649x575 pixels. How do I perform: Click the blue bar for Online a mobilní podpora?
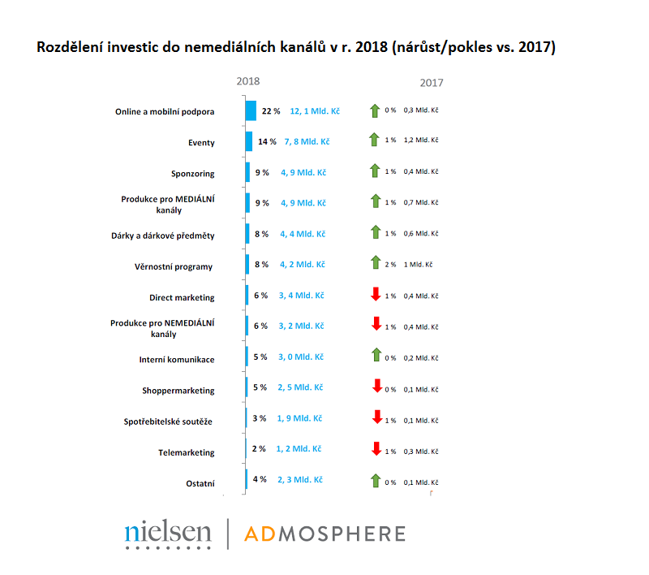(251, 110)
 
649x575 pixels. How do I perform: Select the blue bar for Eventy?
(249, 141)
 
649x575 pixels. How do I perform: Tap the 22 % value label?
(271, 110)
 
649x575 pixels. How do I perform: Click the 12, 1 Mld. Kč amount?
(315, 110)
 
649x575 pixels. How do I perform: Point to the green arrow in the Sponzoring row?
(375, 171)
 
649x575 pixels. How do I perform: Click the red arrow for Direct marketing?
(375, 295)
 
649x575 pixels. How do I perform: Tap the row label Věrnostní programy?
(174, 266)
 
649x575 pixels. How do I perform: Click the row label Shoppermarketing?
(178, 391)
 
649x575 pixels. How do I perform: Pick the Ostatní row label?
(200, 484)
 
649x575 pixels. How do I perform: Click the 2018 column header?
(248, 81)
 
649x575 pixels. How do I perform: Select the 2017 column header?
(432, 83)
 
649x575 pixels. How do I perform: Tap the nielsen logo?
(168, 533)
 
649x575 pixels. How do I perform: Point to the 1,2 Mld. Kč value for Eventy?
(421, 140)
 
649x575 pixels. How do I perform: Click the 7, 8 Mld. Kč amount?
(307, 141)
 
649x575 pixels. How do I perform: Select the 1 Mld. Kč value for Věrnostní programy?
(418, 264)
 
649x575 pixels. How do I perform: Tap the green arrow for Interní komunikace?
(375, 357)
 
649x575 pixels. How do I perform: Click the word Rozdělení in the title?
(74, 47)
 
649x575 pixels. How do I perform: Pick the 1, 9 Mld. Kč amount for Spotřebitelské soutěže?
(299, 418)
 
